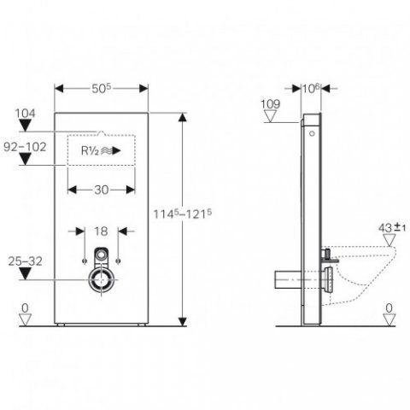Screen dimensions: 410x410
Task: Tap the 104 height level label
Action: pos(25,112)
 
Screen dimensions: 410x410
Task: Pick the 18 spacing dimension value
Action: pos(102,231)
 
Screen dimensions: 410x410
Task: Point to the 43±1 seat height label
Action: pos(391,226)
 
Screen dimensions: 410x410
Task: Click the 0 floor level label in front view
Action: pos(26,307)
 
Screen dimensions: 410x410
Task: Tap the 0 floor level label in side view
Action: pos(390,307)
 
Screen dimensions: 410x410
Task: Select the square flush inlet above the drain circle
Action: pos(102,254)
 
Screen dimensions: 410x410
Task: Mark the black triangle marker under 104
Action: pos(26,126)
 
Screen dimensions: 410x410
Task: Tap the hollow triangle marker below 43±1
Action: pos(389,240)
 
